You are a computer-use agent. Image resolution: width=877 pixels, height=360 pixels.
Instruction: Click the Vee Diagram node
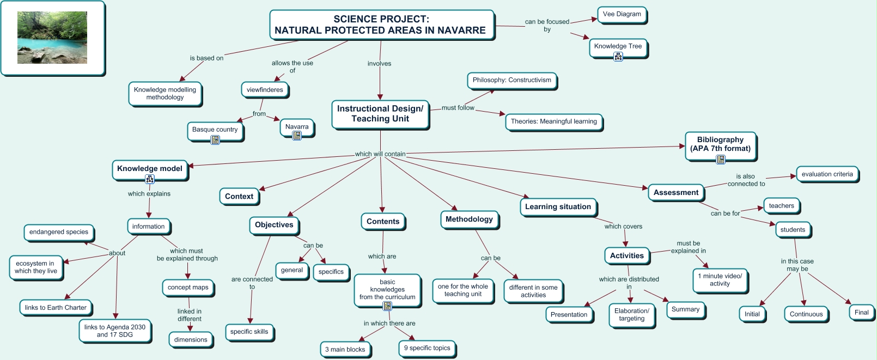[622, 14]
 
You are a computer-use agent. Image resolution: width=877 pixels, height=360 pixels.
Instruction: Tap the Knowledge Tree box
[618, 46]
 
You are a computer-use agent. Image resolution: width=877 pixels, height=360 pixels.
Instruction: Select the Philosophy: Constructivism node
[511, 80]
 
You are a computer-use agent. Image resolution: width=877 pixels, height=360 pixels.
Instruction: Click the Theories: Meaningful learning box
[553, 121]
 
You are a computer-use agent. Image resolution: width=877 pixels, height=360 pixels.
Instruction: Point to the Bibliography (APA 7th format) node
[720, 144]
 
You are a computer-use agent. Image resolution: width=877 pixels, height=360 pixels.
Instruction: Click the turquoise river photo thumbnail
[52, 38]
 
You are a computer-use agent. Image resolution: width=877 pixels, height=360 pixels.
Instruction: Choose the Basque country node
[215, 130]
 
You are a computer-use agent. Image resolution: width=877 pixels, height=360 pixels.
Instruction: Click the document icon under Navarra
[297, 136]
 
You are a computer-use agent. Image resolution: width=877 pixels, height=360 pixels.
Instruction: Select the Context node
[239, 197]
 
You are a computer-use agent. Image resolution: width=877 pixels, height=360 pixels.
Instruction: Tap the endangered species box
[59, 232]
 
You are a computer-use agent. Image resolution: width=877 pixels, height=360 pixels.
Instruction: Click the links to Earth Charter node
[56, 308]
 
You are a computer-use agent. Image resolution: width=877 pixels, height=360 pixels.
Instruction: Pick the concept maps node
[188, 288]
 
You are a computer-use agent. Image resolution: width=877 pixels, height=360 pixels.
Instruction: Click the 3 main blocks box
[345, 350]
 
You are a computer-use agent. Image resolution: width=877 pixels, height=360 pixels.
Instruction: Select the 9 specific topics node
[427, 348]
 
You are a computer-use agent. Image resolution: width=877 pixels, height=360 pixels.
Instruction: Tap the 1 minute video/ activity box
[720, 280]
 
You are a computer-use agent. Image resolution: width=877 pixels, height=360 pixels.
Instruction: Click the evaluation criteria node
[827, 174]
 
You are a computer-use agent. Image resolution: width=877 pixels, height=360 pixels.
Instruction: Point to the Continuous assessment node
[806, 314]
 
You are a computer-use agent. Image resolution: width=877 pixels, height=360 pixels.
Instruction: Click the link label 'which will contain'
[380, 154]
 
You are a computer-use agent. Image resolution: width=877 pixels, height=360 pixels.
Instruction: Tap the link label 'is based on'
[206, 58]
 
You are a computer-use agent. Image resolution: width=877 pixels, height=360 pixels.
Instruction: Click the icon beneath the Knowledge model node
[150, 179]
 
